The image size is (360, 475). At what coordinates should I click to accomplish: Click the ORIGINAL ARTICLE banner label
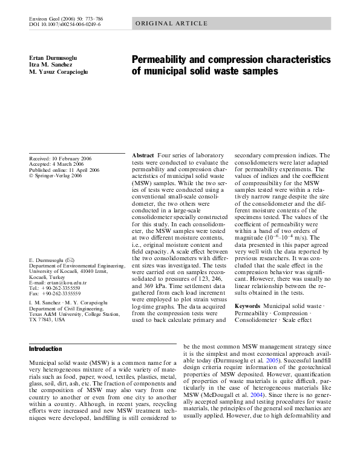pos(163,24)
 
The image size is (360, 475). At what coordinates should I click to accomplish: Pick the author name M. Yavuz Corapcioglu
pos(62,72)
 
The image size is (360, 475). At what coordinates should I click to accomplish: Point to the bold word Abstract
pos(143,156)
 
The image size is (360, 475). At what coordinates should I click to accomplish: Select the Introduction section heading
pos(45,349)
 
